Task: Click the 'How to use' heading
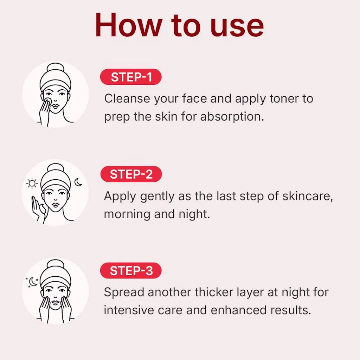tap(179, 26)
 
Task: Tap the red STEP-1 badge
tap(131, 77)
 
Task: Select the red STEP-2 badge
tap(131, 174)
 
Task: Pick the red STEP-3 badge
tap(131, 271)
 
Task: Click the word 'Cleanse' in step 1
tap(127, 99)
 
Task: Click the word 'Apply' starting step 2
tap(120, 197)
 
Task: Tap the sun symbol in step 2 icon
tap(33, 183)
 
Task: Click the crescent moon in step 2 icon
tap(78, 182)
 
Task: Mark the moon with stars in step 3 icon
tap(32, 281)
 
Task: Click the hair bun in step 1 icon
tap(55, 70)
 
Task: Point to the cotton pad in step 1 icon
tap(48, 101)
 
